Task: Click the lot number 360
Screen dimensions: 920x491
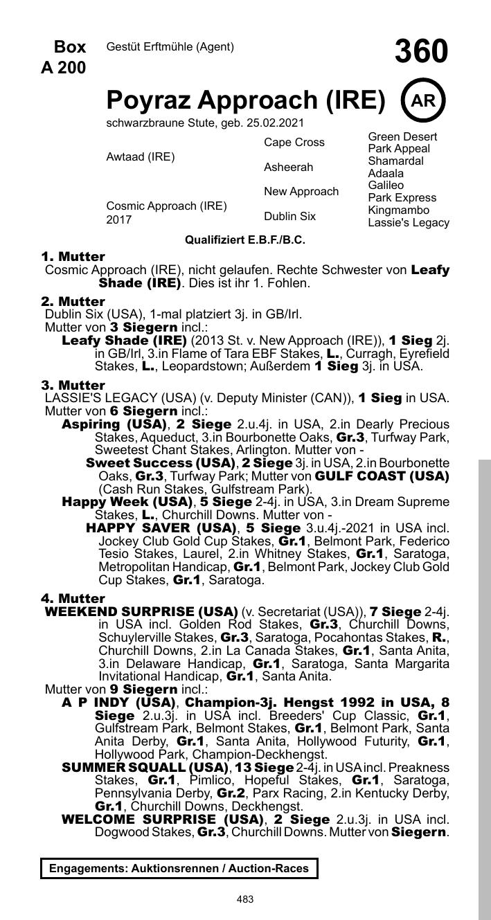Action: [421, 52]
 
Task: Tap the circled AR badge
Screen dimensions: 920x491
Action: [423, 100]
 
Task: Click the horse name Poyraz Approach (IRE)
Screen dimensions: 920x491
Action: [245, 101]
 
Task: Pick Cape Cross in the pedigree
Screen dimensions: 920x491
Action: [294, 143]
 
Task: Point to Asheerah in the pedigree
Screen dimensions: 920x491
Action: [288, 167]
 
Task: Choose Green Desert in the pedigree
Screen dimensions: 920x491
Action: [402, 136]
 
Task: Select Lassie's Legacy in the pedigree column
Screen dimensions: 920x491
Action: [409, 222]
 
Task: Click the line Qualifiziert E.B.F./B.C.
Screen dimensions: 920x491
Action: [245, 240]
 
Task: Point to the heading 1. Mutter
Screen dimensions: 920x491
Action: [73, 257]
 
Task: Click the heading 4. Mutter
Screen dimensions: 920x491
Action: [73, 598]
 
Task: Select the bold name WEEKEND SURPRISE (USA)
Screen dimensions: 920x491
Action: [141, 612]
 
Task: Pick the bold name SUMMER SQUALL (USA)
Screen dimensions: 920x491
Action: [145, 768]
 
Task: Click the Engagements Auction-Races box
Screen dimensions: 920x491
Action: [179, 868]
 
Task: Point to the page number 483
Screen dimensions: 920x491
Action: [245, 899]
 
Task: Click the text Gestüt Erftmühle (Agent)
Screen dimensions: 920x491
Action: [170, 47]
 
